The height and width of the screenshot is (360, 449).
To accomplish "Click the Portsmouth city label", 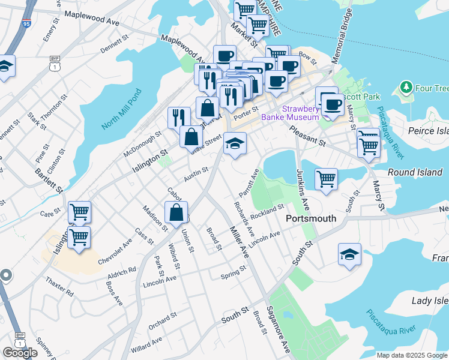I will pos(310,218).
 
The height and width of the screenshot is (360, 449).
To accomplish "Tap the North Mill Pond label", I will pos(120,110).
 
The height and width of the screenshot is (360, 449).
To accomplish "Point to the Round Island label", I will pos(415,172).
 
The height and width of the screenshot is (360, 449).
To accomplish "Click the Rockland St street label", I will pos(268,212).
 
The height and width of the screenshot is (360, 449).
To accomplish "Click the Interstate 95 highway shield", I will pos(26,24).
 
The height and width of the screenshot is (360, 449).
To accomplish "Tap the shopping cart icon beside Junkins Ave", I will pos(326,178).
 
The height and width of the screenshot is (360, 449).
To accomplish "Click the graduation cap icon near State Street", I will pos(235,143).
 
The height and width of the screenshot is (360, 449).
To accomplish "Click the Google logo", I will pos(20,353).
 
